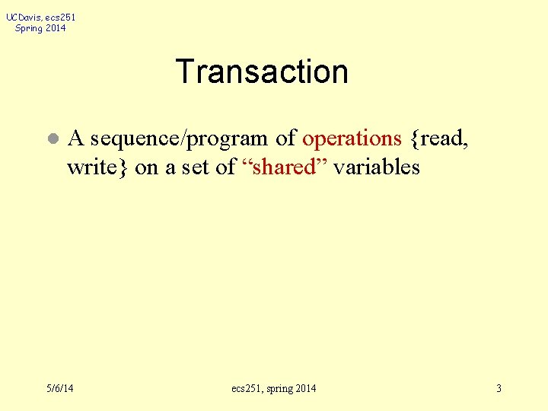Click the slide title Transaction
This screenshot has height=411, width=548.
(x=262, y=72)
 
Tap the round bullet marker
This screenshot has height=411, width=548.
(x=51, y=140)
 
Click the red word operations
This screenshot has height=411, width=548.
(x=352, y=139)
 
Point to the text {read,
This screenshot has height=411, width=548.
(x=438, y=139)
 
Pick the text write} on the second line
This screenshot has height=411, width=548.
(x=97, y=167)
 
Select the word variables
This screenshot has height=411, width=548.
(x=376, y=167)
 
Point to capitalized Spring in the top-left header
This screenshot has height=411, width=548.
(x=29, y=28)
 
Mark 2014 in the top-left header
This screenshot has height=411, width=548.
(x=56, y=28)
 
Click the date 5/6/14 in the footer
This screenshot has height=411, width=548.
(x=59, y=389)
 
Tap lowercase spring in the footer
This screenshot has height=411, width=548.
(x=280, y=389)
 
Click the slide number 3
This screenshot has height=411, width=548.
(x=499, y=389)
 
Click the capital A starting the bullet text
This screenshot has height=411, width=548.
(x=75, y=139)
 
